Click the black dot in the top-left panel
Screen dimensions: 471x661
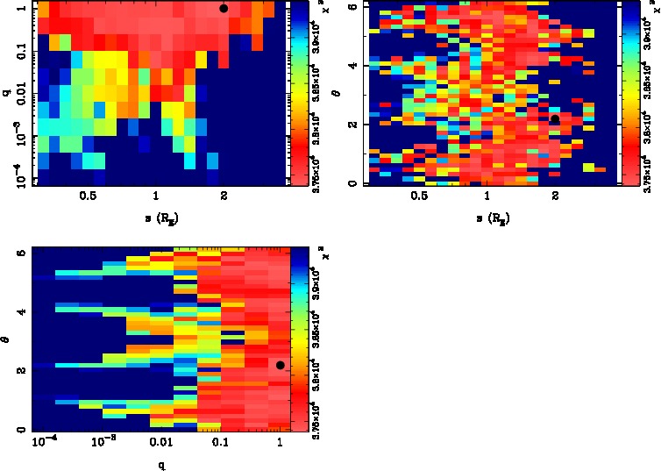(x=224, y=8)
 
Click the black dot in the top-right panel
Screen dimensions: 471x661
(x=555, y=120)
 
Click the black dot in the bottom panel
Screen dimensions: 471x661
(x=281, y=365)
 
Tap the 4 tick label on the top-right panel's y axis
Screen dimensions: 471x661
(x=351, y=66)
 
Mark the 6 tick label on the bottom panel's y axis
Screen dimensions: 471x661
(x=20, y=253)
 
